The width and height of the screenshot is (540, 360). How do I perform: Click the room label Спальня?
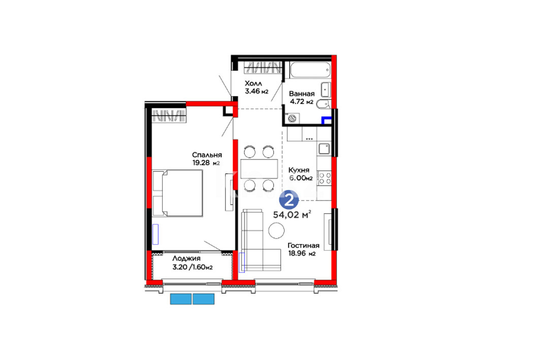point(207,155)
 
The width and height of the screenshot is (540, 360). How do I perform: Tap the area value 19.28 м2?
point(206,163)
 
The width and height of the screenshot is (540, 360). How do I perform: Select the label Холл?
point(253,83)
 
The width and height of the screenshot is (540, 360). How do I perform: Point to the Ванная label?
point(302,93)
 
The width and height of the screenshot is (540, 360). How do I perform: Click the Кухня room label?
point(299,170)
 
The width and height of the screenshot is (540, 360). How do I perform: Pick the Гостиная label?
point(303,245)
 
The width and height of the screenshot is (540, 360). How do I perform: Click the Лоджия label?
point(186,258)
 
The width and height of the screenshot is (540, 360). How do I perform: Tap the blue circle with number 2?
point(289,200)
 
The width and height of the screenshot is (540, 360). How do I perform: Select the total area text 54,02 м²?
point(292,215)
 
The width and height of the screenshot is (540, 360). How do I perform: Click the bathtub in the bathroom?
point(310,70)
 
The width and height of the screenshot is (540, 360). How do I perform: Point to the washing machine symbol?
point(292,119)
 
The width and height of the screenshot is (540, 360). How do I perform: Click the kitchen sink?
point(324,149)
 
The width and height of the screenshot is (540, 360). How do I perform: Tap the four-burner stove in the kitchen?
point(324,178)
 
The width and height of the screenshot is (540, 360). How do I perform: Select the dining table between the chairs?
point(259,169)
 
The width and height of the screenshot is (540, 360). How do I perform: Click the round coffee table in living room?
point(276,230)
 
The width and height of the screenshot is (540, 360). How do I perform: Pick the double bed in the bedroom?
point(178,193)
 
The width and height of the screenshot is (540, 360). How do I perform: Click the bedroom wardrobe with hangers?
point(169,116)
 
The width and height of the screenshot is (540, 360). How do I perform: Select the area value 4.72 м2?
point(301,102)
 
